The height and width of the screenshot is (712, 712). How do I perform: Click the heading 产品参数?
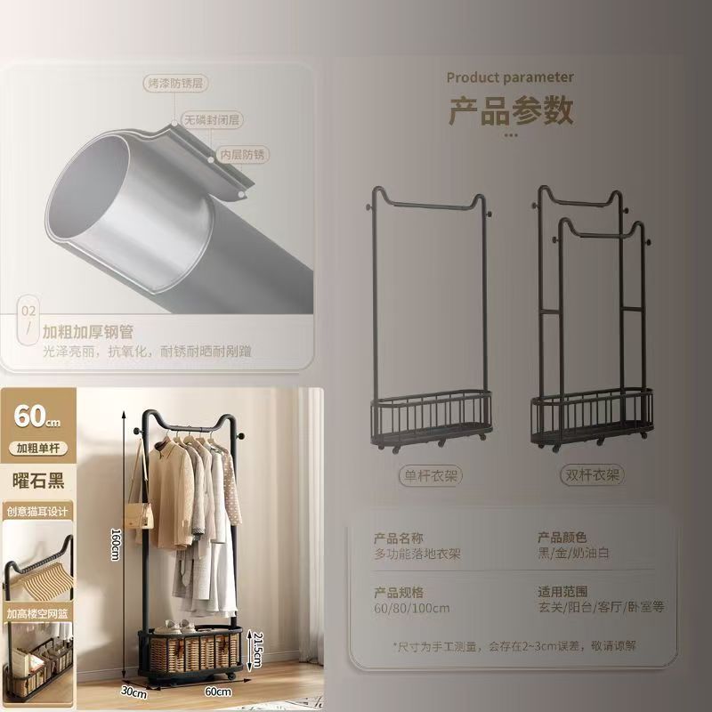pos(510,111)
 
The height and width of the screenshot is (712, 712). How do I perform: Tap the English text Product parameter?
pos(510,77)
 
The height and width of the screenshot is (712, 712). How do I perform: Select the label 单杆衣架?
pos(429,476)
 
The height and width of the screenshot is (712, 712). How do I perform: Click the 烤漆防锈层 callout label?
pos(175,84)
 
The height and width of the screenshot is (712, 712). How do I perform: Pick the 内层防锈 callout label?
pos(243,154)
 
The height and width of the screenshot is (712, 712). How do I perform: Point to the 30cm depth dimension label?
pos(134,690)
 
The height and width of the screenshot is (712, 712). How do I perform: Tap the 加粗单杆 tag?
pos(38,448)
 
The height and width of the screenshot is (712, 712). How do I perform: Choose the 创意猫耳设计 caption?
pos(38,512)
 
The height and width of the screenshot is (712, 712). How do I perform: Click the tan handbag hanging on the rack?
pos(137,514)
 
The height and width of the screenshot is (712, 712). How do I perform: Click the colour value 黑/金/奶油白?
pos(573,554)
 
